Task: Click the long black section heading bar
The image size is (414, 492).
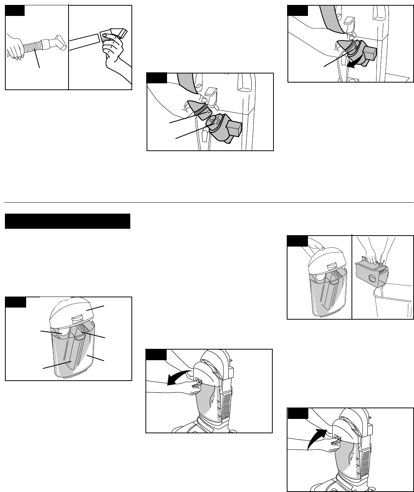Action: coord(67,221)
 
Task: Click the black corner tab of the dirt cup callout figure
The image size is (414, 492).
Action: coord(16,302)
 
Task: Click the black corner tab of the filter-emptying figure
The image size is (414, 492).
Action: coord(297,241)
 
